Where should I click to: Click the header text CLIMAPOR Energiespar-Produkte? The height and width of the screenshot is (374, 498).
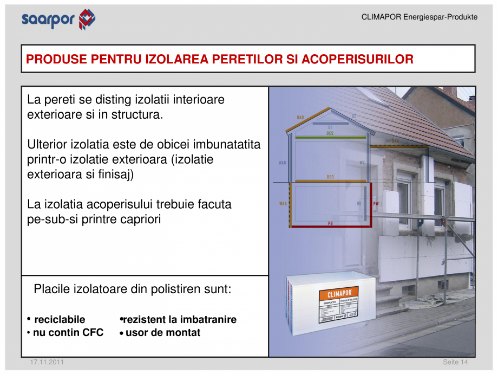click(x=419, y=17)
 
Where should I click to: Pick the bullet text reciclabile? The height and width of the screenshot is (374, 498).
click(x=60, y=319)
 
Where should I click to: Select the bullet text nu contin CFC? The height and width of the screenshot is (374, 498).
click(x=68, y=332)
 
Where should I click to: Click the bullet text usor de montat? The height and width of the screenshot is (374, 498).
click(x=162, y=332)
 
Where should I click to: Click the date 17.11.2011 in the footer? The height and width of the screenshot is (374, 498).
click(x=47, y=362)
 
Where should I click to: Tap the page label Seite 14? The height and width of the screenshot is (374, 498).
click(x=455, y=362)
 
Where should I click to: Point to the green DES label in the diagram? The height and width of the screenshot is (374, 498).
click(x=330, y=133)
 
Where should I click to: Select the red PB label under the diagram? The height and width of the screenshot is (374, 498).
click(x=330, y=223)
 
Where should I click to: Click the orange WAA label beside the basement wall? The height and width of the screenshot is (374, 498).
click(x=283, y=204)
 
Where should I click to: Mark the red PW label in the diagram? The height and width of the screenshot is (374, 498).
click(x=376, y=204)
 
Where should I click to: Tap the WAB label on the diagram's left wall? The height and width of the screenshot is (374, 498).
click(x=283, y=163)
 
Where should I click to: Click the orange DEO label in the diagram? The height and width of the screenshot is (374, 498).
click(x=330, y=177)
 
